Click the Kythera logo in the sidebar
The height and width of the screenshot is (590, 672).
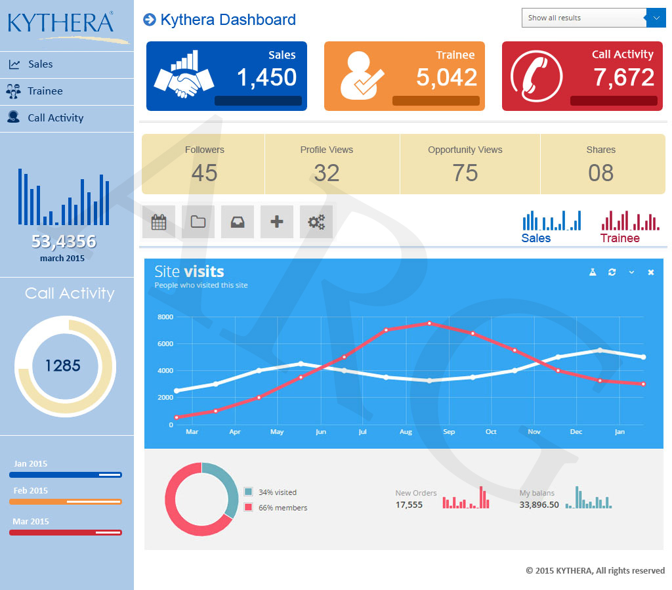pyautogui.click(x=61, y=23)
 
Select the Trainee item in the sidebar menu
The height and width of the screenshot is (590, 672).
pyautogui.click(x=45, y=91)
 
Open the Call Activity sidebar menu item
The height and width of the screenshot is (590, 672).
pyautogui.click(x=55, y=118)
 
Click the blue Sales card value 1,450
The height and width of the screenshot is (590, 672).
pyautogui.click(x=266, y=77)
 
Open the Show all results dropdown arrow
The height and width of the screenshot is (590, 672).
pyautogui.click(x=656, y=18)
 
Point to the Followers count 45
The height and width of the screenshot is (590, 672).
pyautogui.click(x=204, y=173)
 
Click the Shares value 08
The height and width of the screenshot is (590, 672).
pyautogui.click(x=600, y=173)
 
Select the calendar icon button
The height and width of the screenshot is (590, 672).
pyautogui.click(x=159, y=222)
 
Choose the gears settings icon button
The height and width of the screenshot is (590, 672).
pyautogui.click(x=316, y=222)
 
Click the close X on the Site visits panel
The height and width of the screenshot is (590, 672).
pyautogui.click(x=651, y=272)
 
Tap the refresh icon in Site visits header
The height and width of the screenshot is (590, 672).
pyautogui.click(x=612, y=272)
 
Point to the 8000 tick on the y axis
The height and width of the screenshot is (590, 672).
pyautogui.click(x=165, y=317)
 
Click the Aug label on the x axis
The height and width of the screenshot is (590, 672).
pyautogui.click(x=406, y=432)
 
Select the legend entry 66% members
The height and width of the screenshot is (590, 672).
pyautogui.click(x=282, y=507)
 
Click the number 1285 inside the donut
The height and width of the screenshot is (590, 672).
pyautogui.click(x=63, y=366)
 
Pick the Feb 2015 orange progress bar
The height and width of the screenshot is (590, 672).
pyautogui.click(x=66, y=501)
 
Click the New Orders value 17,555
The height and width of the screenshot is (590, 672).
pyautogui.click(x=409, y=505)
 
